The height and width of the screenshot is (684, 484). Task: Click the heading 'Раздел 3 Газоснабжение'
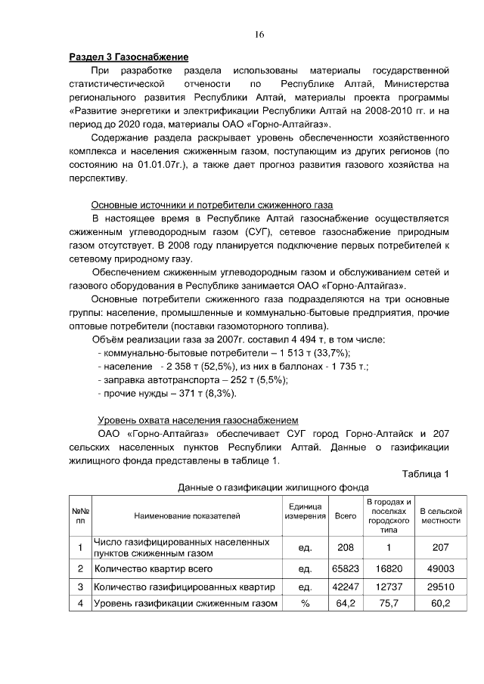pos(129,57)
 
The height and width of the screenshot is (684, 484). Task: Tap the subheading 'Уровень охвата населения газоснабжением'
pos(199,420)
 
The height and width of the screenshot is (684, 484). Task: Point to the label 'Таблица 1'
pos(426,474)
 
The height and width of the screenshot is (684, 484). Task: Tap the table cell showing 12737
pos(389,587)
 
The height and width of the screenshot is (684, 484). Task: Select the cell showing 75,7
pos(389,604)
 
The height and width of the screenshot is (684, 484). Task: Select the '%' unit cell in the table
pos(306,604)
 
